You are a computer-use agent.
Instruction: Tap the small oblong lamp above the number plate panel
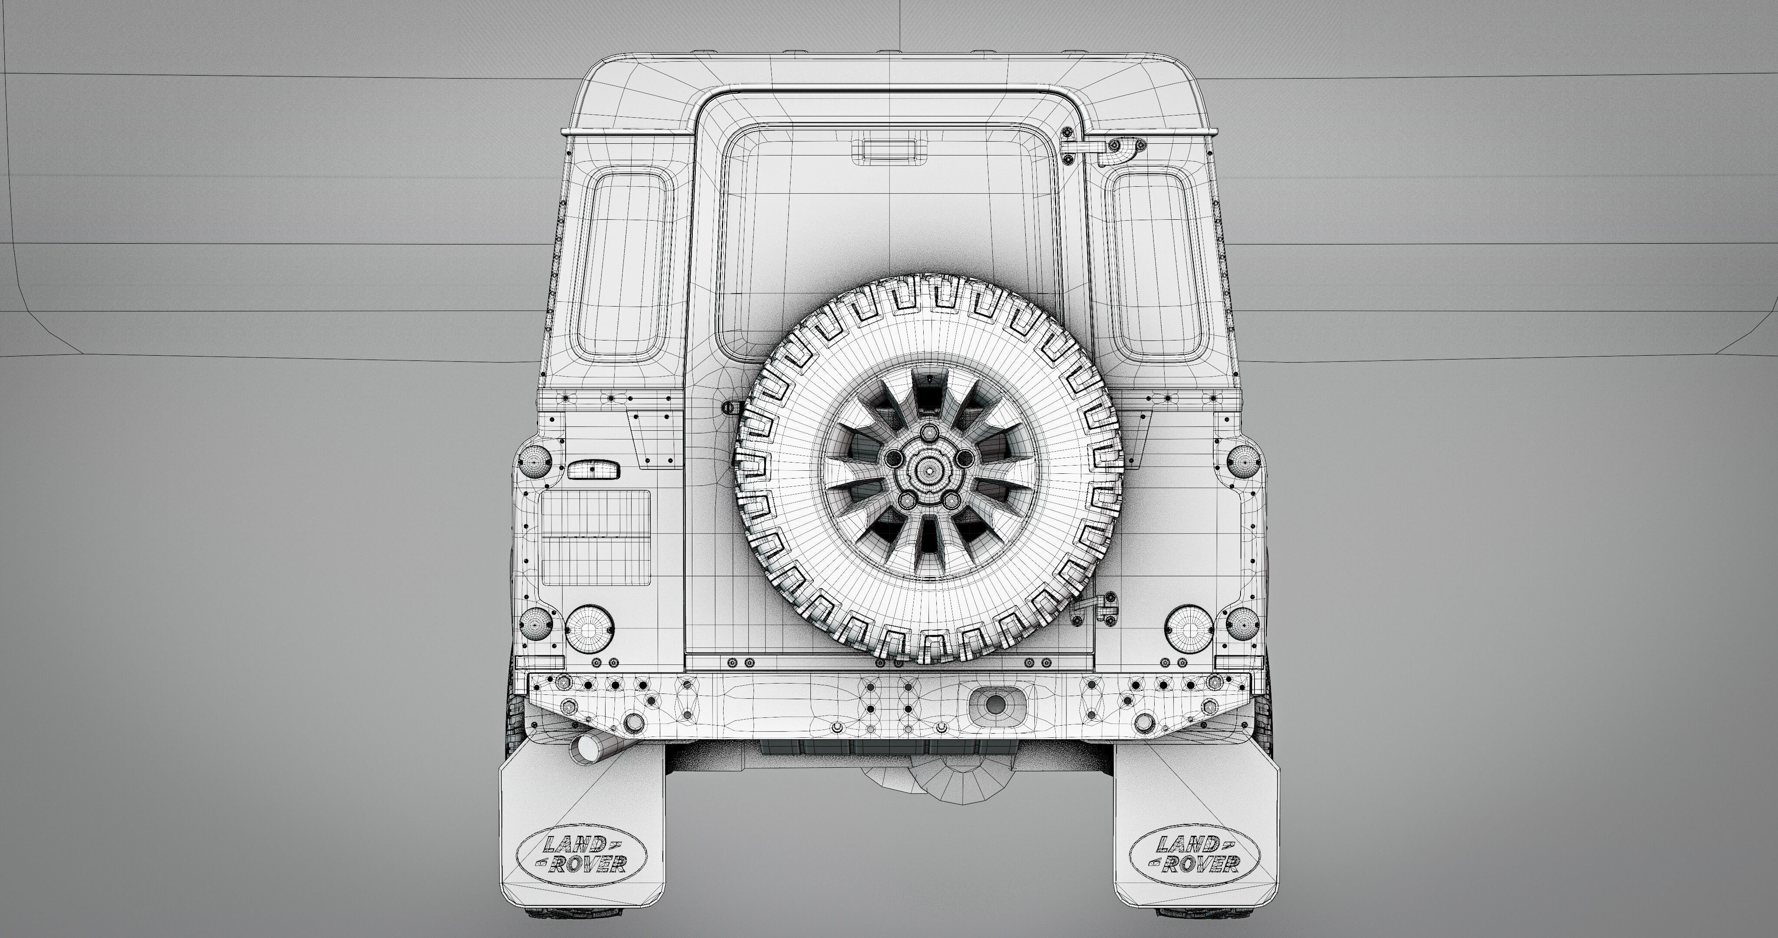(593, 470)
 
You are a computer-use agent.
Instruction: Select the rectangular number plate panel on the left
(596, 537)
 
